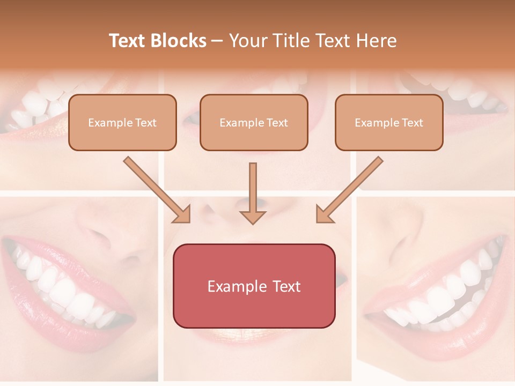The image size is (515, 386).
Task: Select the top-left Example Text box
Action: [x=122, y=123]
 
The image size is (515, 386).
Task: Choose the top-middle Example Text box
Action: [x=254, y=123]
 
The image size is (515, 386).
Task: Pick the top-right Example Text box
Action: [x=389, y=123]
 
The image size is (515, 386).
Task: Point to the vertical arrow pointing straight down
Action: [x=253, y=193]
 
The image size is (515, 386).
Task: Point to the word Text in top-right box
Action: [x=413, y=123]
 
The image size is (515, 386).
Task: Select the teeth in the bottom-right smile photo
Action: [x=440, y=295]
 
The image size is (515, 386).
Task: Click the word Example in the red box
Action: [x=236, y=286]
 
